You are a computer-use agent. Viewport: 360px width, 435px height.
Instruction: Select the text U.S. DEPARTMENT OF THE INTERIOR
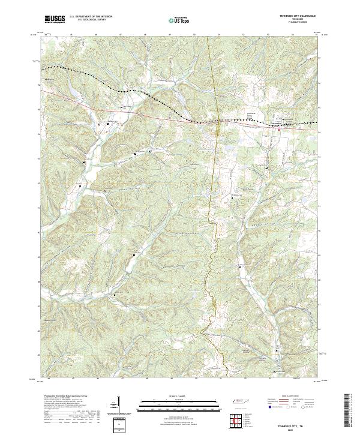[90, 17]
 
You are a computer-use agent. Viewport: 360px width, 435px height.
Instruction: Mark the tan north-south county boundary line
[211, 180]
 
